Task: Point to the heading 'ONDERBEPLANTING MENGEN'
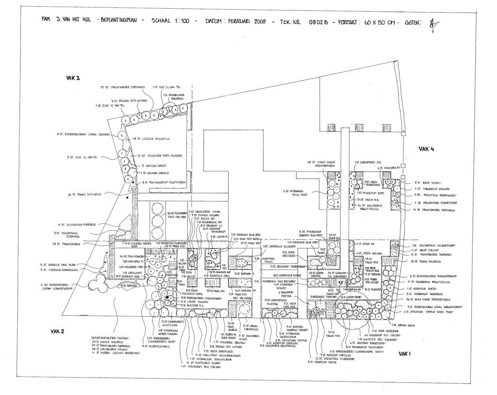coord(110,337)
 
